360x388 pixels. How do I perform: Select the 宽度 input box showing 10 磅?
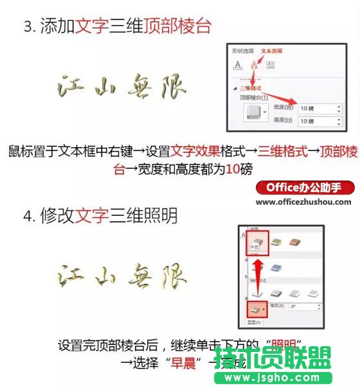coord(319,108)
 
